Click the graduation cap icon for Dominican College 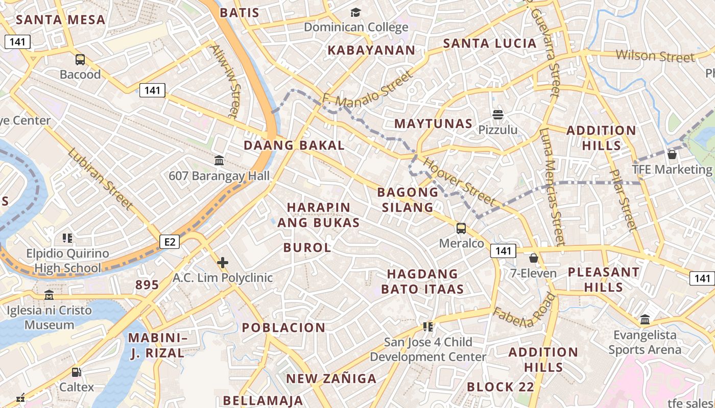coord(355,12)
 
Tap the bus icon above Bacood coord(80,60)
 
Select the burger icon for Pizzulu coord(498,115)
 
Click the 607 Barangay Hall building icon coord(219,161)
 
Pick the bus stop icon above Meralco coord(461,228)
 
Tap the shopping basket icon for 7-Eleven coord(534,258)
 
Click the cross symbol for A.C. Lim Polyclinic coord(223,263)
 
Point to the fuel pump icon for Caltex coord(76,372)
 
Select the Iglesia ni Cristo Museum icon coord(49,295)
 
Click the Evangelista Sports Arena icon coord(645,320)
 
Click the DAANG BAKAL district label coord(294,145)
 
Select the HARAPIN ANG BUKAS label coord(319,215)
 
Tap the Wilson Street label coord(655,56)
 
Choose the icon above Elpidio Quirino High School coord(67,238)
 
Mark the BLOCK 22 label coord(500,387)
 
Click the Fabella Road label coord(524,312)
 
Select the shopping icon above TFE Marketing coord(672,154)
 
